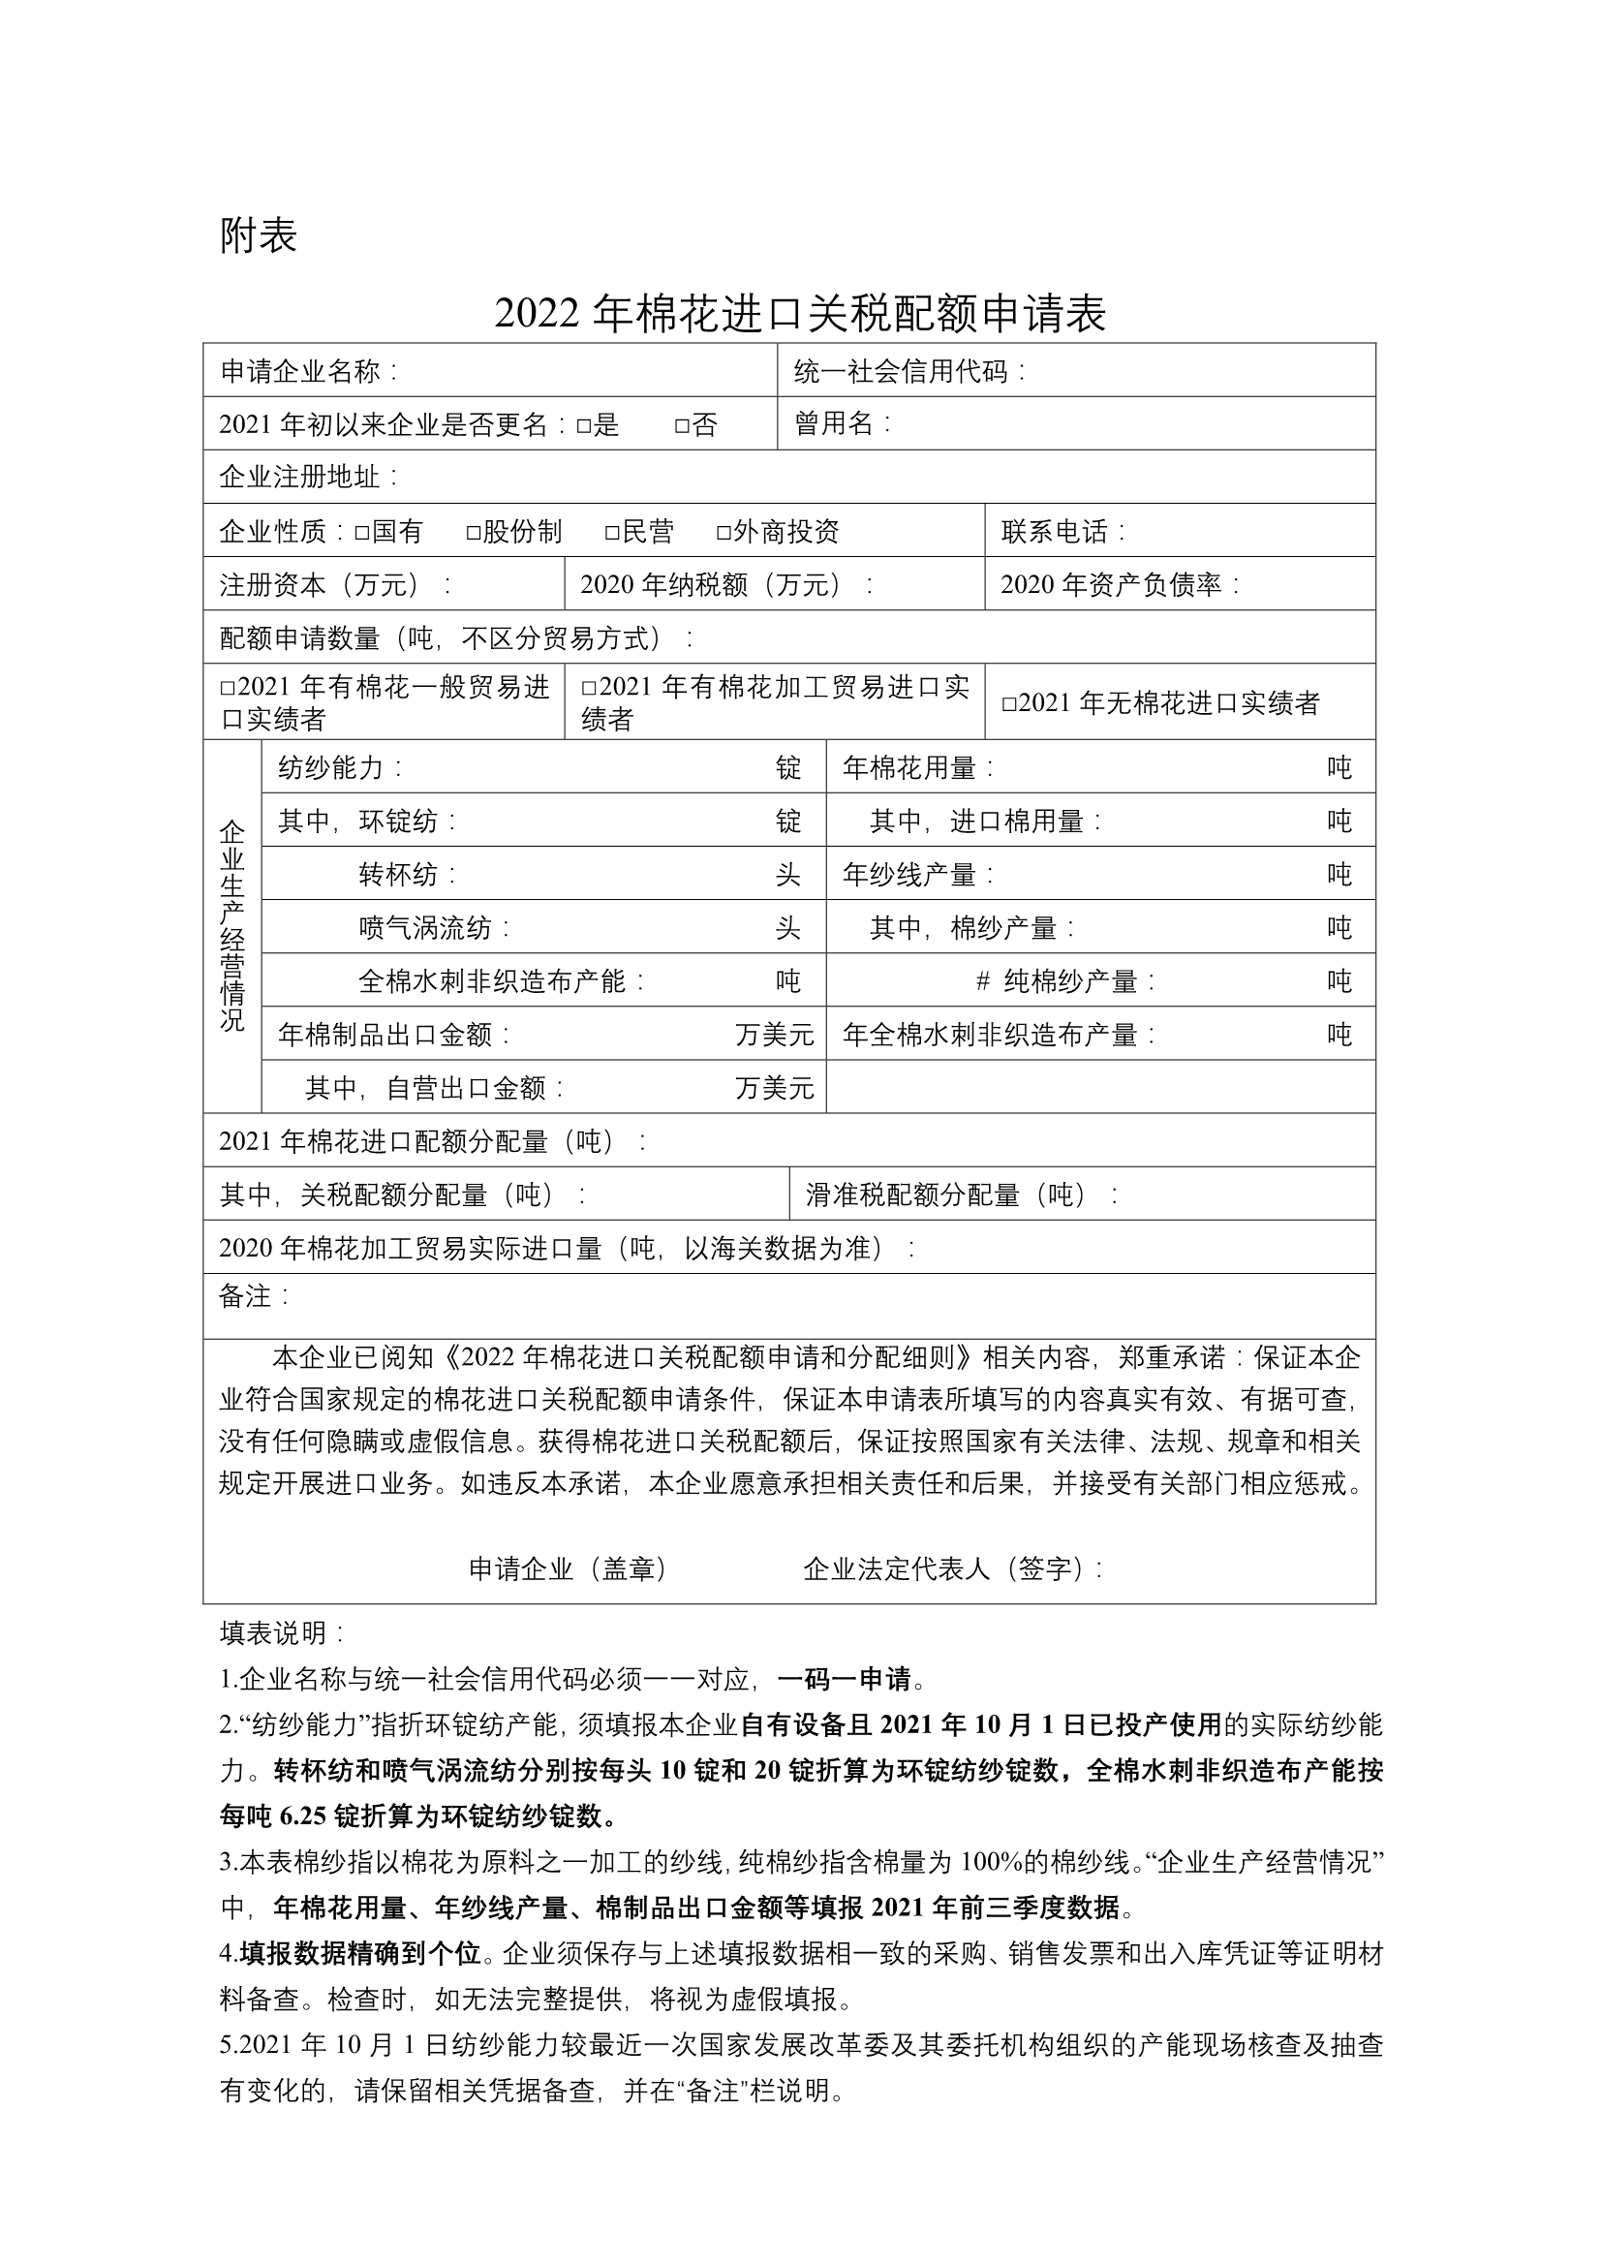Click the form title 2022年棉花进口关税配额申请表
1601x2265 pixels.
[800, 314]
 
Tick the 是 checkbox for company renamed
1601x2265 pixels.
[583, 426]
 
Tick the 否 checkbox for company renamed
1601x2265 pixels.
[682, 426]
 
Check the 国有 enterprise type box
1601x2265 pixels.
[361, 533]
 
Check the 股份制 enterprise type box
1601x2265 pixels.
[473, 533]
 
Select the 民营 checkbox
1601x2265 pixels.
[611, 533]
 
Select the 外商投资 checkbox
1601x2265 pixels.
[724, 533]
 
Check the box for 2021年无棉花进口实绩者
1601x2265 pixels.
[1008, 704]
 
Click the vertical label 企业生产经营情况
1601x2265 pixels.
[231, 925]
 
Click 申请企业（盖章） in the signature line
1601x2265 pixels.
[569, 1568]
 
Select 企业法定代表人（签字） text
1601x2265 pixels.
[950, 1568]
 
